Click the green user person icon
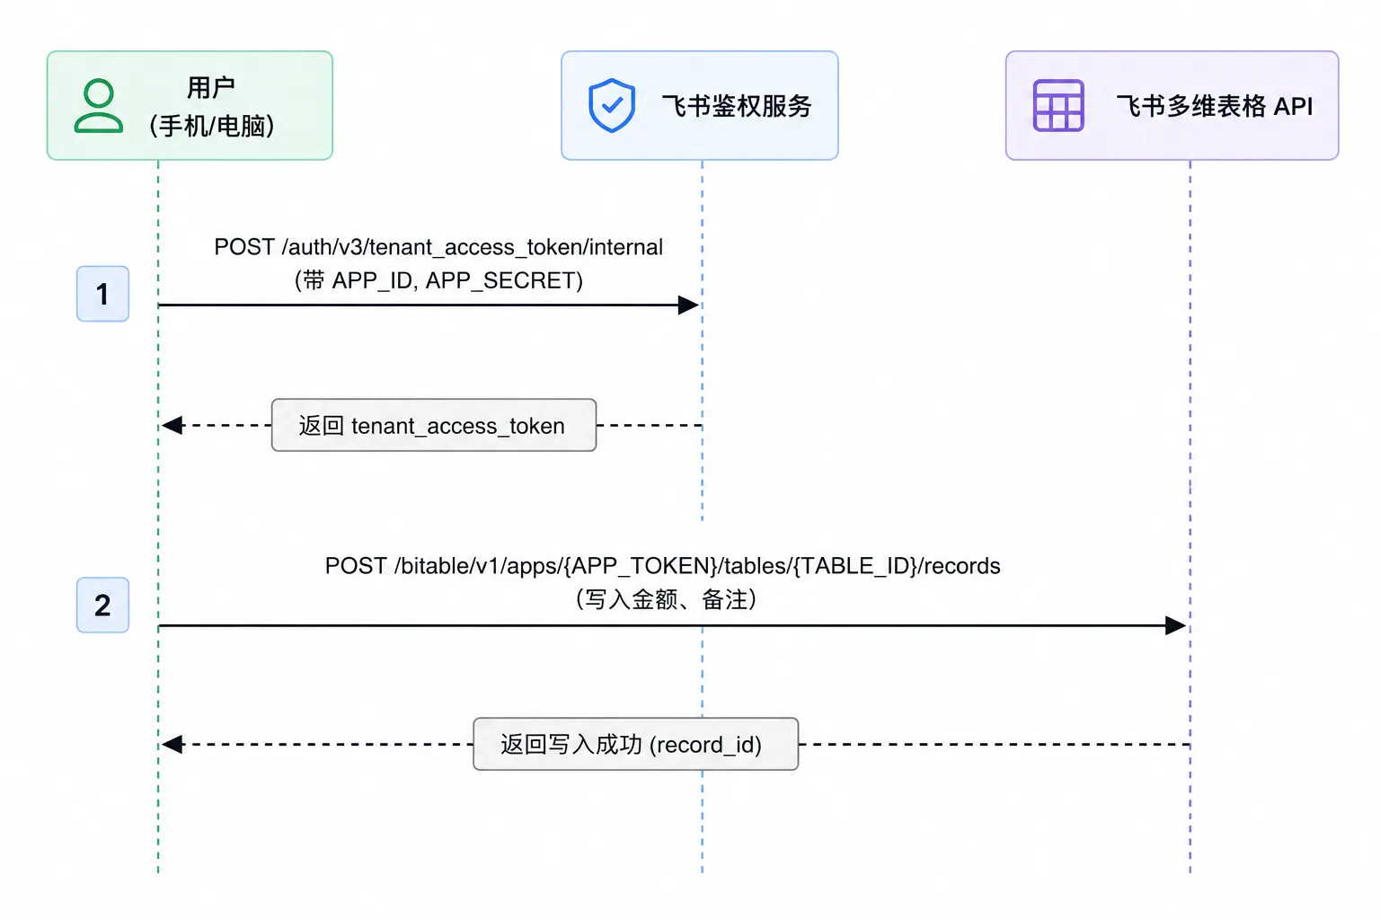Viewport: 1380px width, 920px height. click(99, 105)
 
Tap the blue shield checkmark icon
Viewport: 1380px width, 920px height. click(611, 105)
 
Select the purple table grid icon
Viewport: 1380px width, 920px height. click(1057, 105)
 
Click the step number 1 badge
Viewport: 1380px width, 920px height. click(103, 293)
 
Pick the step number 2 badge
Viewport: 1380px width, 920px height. click(103, 605)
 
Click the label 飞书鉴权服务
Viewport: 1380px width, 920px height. click(736, 106)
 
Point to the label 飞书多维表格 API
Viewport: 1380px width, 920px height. click(1215, 106)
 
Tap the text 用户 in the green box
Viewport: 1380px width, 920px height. click(211, 87)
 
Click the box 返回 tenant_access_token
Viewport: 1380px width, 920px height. click(434, 425)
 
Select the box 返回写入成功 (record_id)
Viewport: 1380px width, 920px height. click(636, 744)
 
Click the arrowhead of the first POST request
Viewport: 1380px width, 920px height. click(688, 305)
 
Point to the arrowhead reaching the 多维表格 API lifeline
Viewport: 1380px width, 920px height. click(1175, 625)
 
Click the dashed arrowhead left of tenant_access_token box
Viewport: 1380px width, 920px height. click(172, 425)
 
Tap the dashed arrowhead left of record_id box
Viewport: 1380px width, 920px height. click(172, 744)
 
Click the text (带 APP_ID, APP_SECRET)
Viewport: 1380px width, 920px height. click(438, 280)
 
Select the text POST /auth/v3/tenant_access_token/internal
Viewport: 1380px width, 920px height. click(438, 247)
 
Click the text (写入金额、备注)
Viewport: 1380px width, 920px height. click(666, 599)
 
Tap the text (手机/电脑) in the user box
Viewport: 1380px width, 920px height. click(211, 126)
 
